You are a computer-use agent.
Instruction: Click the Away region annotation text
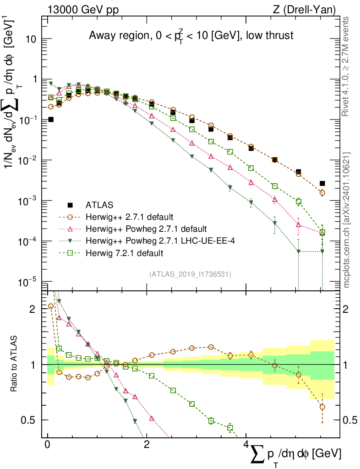click(191, 36)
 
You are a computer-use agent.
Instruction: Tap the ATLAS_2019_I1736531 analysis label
click(190, 274)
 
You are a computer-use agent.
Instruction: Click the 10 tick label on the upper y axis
click(32, 39)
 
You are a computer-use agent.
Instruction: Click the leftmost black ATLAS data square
click(51, 120)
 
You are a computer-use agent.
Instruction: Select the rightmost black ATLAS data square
click(322, 183)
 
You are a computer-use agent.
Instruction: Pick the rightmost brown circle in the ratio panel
click(322, 407)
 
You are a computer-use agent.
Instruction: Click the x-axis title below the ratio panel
click(295, 455)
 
